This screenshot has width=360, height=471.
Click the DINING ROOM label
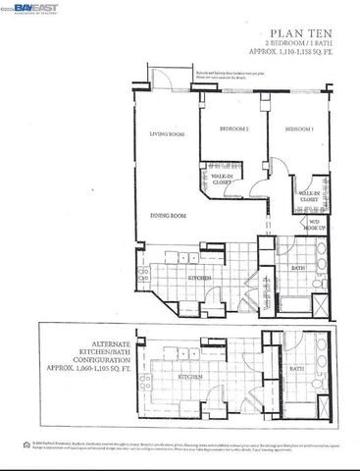169,215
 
